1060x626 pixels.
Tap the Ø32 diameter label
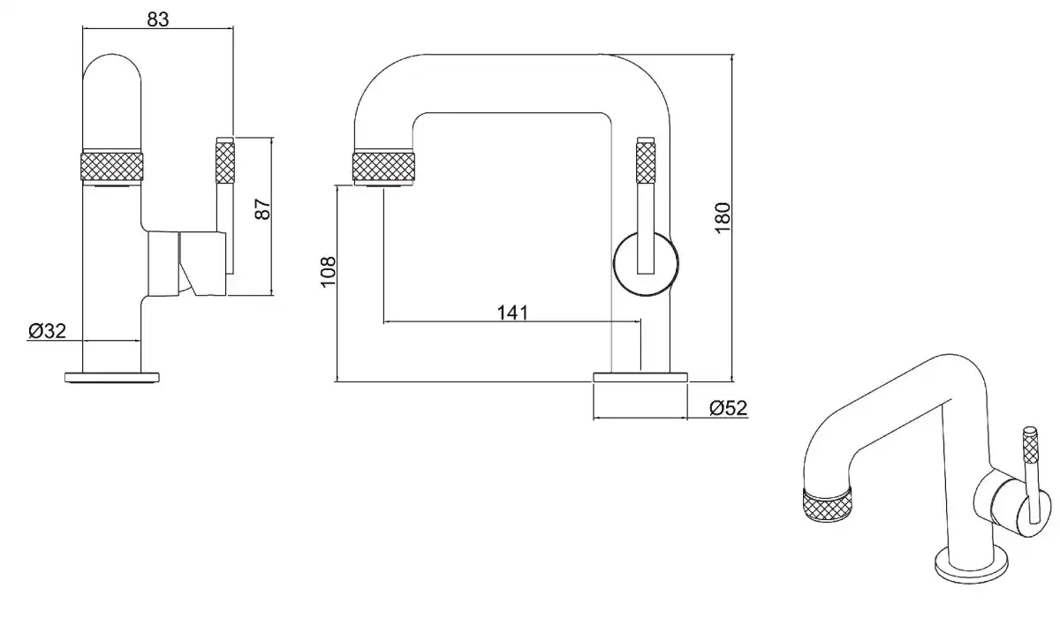48,331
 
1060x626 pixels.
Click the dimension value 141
512,313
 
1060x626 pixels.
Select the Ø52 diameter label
729,407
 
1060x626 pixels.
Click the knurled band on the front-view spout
112,167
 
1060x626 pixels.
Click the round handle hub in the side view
647,263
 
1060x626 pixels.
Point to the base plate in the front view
111,377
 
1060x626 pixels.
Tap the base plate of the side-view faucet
640,377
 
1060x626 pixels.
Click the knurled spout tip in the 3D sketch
827,505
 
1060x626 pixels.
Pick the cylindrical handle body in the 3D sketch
1002,505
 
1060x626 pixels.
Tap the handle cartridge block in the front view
186,262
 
